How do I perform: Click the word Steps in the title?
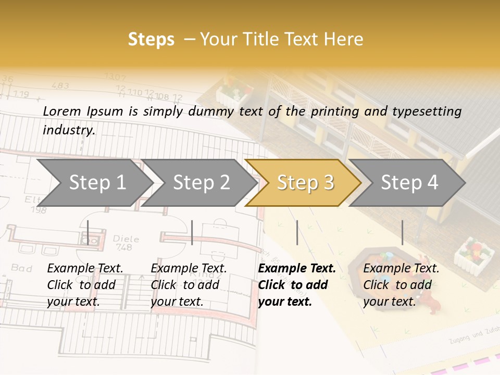point(151,40)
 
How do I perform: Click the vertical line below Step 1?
point(88,232)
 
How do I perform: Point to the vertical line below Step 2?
point(192,232)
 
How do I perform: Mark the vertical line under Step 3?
point(297,232)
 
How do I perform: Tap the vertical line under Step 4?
point(402,232)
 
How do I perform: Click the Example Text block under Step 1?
point(85,284)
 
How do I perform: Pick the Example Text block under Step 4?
point(401,284)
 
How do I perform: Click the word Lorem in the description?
point(62,111)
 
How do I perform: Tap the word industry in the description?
point(68,130)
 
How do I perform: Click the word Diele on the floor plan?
point(126,240)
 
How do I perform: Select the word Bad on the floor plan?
point(21,268)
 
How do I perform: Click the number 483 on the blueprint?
point(60,85)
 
